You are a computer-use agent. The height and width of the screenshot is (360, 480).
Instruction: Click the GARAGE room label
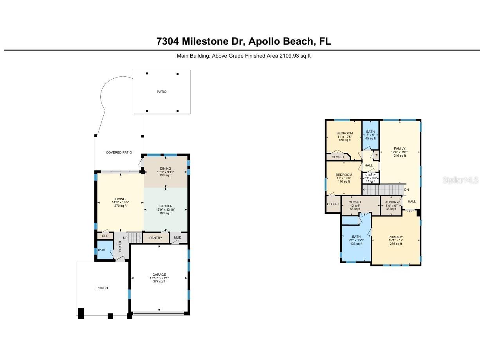[159, 275]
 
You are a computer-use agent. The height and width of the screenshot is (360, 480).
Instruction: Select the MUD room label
[178, 238]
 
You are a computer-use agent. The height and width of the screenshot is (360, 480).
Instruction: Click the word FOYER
[120, 246]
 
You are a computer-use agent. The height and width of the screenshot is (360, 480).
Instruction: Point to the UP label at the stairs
[125, 238]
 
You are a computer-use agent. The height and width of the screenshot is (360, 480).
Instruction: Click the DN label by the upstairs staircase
[406, 190]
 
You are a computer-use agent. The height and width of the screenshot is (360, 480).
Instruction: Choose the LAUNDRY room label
[391, 202]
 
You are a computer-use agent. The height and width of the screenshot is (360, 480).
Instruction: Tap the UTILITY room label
[370, 175]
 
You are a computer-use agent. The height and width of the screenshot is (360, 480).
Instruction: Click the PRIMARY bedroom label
[395, 237]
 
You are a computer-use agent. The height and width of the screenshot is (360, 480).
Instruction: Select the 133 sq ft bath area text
[356, 244]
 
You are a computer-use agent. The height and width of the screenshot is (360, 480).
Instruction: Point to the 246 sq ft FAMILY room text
[399, 156]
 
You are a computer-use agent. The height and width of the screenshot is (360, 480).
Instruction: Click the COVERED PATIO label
[119, 152]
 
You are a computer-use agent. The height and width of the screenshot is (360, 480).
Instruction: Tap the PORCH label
[102, 288]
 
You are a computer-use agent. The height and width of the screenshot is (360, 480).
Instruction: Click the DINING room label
[165, 168]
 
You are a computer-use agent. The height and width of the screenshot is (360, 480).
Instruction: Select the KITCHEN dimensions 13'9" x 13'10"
[165, 210]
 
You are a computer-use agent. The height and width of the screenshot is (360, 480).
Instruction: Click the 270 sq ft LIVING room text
[120, 206]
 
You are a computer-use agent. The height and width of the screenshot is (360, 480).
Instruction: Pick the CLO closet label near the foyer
[105, 236]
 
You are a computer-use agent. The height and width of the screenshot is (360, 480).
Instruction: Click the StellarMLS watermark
[460, 180]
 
